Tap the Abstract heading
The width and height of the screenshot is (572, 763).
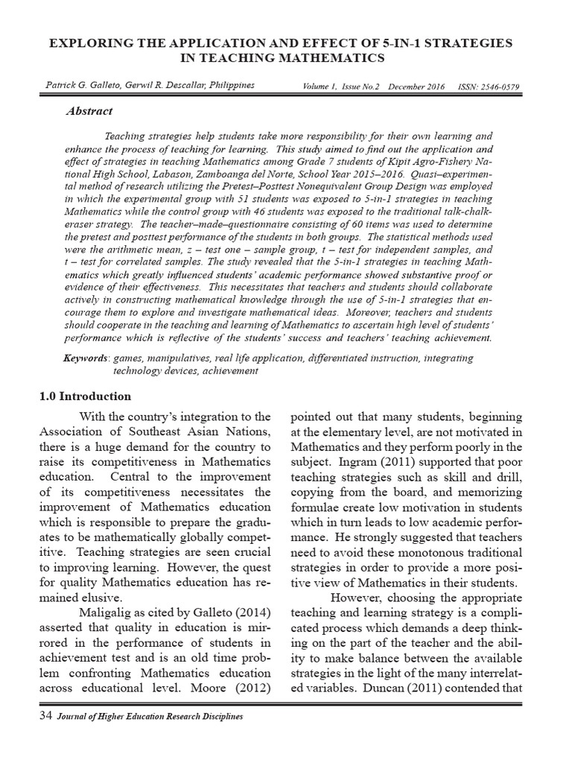89,112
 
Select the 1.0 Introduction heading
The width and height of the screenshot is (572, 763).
85,396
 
